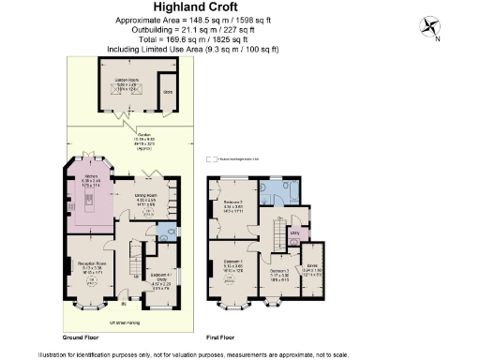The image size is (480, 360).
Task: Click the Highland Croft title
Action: coord(239,7)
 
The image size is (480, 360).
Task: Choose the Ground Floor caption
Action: coord(83,335)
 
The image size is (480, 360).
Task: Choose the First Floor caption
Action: coord(224,335)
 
